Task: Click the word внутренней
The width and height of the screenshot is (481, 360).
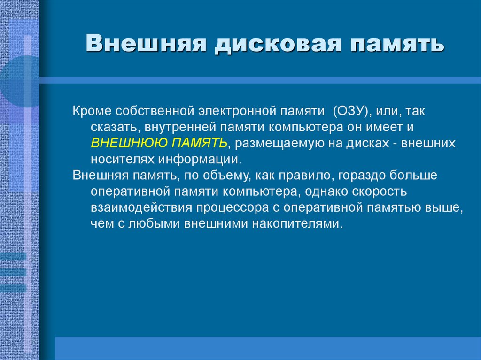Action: (175, 128)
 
